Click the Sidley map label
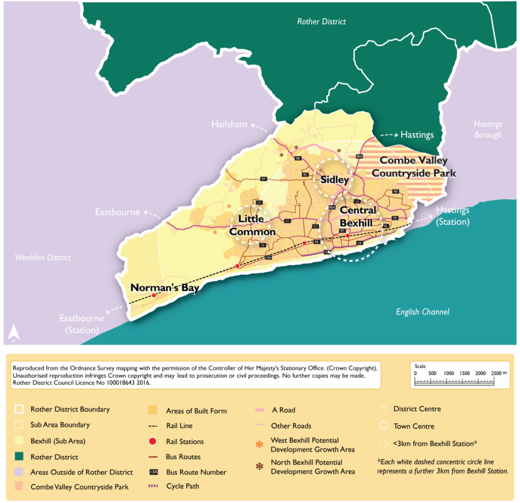pos(334,180)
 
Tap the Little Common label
pos(252,226)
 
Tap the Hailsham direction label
pos(229,124)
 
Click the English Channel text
pos(422,312)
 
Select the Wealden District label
pos(43,257)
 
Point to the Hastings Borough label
pos(487,130)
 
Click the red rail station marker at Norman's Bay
pos(154,296)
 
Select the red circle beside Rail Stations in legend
pos(153,442)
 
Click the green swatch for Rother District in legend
pos(19,457)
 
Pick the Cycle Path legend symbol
pos(153,486)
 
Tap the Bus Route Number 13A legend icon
pos(153,472)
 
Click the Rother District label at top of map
pos(321,22)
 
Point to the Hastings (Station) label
pos(453,216)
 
